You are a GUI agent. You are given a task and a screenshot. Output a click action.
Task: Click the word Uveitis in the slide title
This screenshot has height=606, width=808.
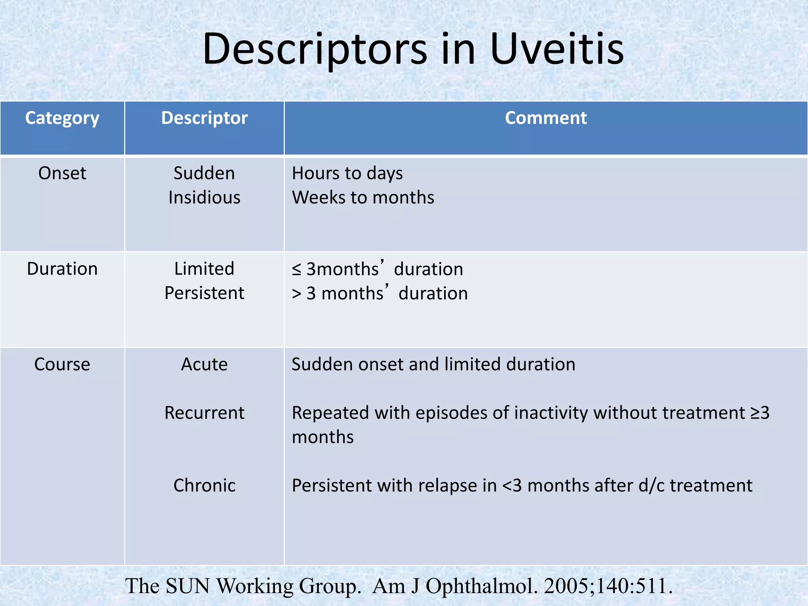coord(557,49)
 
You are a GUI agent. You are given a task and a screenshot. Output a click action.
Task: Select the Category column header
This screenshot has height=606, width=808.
coord(62,118)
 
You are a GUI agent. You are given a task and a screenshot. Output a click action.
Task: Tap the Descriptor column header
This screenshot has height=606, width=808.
coord(204,118)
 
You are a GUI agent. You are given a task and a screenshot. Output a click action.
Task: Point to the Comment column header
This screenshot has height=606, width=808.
coord(546,118)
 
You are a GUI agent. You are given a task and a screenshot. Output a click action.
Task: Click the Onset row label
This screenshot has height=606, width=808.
coord(62,174)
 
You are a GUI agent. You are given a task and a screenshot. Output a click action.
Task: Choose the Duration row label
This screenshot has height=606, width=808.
coord(62,269)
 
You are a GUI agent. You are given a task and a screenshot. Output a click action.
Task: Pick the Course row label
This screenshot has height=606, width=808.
coord(62,365)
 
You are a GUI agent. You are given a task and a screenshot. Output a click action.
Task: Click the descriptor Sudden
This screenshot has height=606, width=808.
coord(204,174)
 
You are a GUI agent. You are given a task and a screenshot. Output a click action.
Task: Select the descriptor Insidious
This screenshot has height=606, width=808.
coord(204,198)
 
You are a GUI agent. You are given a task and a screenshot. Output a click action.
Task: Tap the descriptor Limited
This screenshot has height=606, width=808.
coord(204,269)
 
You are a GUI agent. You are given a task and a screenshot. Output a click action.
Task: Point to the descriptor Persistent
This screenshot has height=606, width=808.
coord(204,293)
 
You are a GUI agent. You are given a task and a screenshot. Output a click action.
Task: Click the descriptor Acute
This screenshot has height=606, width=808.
coord(204,365)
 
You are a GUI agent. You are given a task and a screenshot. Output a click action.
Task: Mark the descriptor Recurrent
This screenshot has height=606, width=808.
coord(204,413)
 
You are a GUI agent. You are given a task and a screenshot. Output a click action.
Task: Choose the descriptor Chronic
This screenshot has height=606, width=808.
coord(204,486)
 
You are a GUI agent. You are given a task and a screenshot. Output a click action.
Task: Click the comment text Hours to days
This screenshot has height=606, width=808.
coord(347,174)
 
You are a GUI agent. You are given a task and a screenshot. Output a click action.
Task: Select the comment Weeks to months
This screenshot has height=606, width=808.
coord(363,198)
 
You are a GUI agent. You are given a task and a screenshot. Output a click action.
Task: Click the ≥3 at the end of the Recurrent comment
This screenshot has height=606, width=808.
coord(760,413)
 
